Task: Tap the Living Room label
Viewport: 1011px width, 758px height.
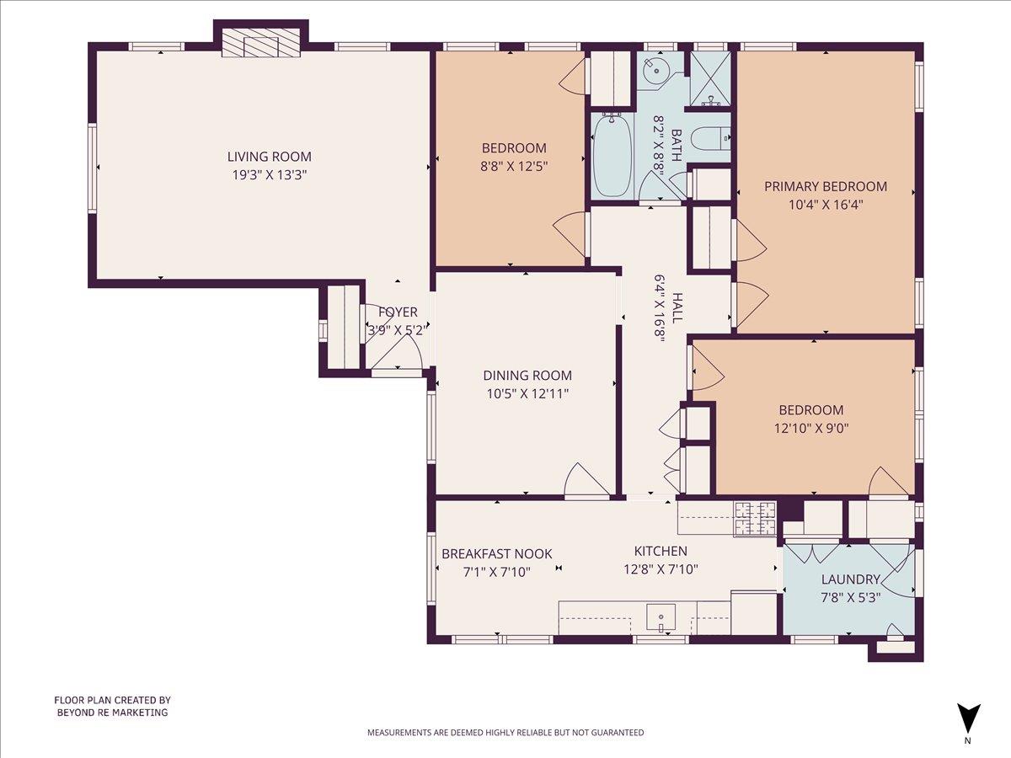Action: coord(269,157)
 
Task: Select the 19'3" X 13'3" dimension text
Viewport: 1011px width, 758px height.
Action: coord(269,175)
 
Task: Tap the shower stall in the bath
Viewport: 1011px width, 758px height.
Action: coord(711,79)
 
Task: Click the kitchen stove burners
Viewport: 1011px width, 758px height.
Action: coord(754,518)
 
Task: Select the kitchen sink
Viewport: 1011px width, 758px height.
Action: coord(661,618)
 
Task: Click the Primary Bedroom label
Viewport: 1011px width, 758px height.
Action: coord(825,186)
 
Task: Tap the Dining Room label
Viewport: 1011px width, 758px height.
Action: coord(527,376)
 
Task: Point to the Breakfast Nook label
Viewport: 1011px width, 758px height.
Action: coord(497,553)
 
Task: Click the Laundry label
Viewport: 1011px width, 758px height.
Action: coord(850,579)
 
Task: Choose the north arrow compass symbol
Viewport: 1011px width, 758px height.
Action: coord(968,718)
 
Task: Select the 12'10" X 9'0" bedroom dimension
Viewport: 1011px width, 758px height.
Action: coord(810,427)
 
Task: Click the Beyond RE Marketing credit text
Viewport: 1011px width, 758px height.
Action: coord(112,706)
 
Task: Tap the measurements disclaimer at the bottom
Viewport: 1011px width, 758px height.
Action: coord(505,733)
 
